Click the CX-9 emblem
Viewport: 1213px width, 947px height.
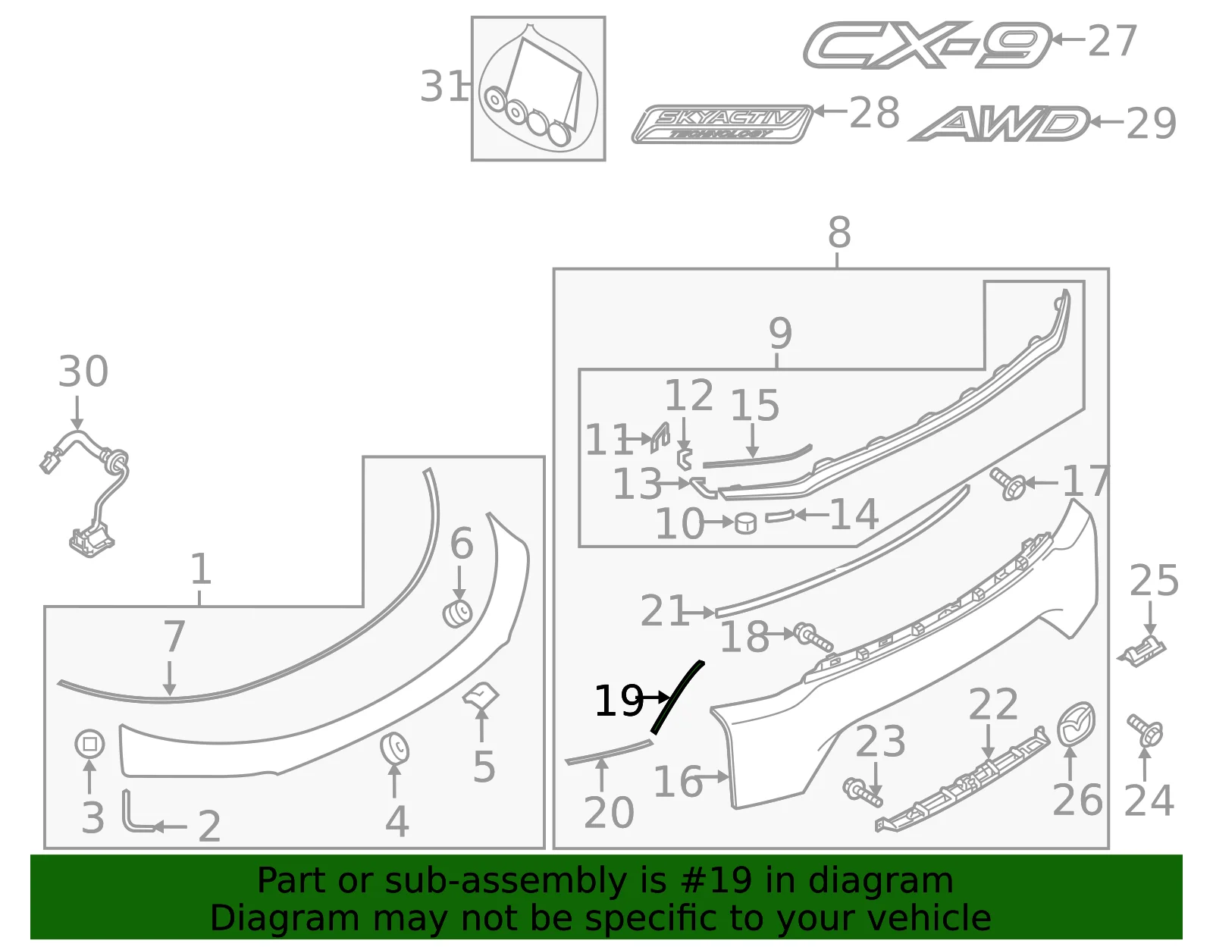(x=926, y=45)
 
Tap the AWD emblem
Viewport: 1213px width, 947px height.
(x=999, y=124)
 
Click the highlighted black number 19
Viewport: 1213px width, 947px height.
(x=619, y=701)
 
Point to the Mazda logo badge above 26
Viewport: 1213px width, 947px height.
(x=1076, y=724)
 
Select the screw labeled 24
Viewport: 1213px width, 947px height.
(x=1145, y=730)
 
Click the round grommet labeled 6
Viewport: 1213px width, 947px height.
(x=457, y=614)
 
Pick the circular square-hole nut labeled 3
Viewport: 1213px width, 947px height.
(x=89, y=744)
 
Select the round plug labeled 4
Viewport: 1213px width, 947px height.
(x=394, y=748)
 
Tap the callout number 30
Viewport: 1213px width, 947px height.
(x=83, y=372)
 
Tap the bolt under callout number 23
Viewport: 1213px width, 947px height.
(x=863, y=792)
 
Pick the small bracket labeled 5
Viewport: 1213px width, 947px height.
(x=481, y=695)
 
